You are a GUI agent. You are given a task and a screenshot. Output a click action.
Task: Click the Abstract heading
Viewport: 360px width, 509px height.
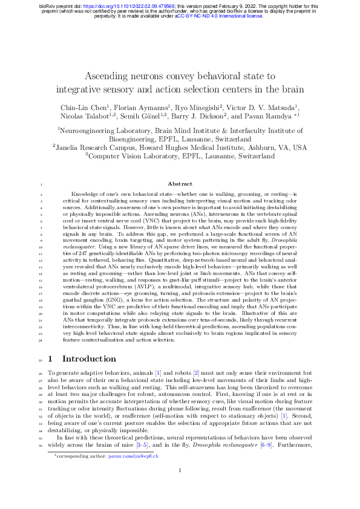[x=180, y=184]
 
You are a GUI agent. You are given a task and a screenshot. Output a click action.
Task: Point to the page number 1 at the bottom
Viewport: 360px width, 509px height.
[x=180, y=487]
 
